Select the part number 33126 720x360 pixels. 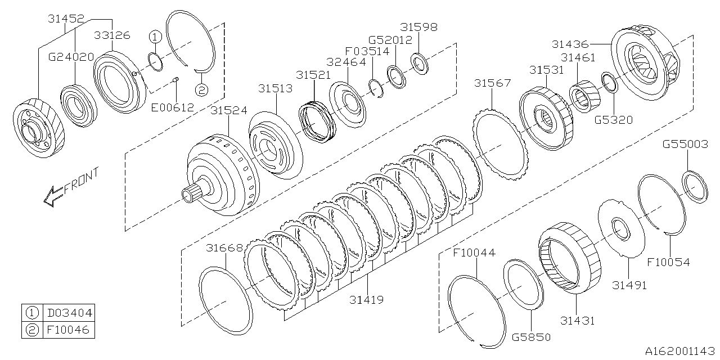[111, 35]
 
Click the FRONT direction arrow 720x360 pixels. [70, 187]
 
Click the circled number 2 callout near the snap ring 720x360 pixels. [201, 89]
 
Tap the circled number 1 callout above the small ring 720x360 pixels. [155, 37]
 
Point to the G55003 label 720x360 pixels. [685, 145]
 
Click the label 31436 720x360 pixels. [570, 43]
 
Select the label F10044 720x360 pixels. [474, 253]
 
